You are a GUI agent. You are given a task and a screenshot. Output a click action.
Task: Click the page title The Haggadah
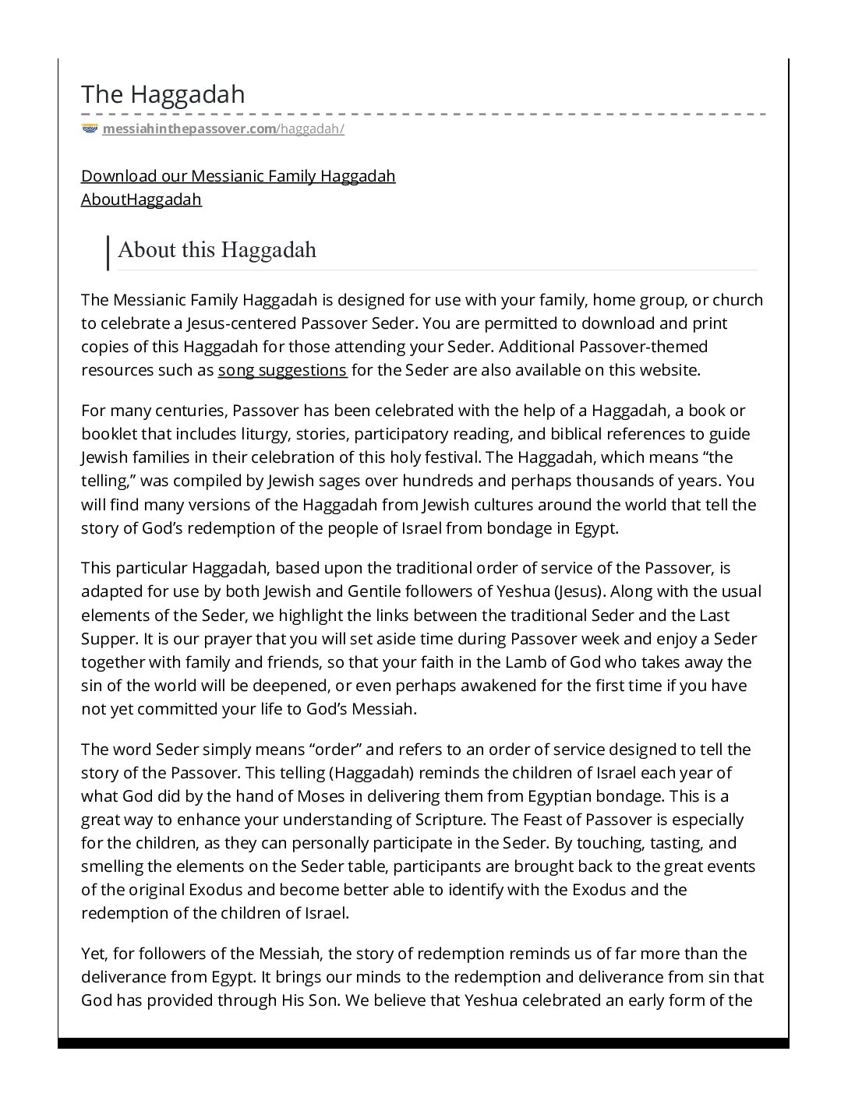point(163,94)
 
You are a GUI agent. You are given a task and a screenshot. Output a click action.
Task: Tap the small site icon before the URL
point(90,129)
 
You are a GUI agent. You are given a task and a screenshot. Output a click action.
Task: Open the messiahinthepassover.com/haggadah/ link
point(223,129)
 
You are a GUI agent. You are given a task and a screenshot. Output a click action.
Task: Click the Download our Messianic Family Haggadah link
point(238,176)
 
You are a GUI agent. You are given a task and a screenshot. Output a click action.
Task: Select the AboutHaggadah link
point(141,199)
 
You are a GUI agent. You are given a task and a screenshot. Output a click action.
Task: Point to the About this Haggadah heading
point(217,250)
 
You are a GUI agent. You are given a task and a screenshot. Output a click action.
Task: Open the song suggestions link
point(282,370)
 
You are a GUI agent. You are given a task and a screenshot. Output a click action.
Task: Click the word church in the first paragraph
point(738,300)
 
